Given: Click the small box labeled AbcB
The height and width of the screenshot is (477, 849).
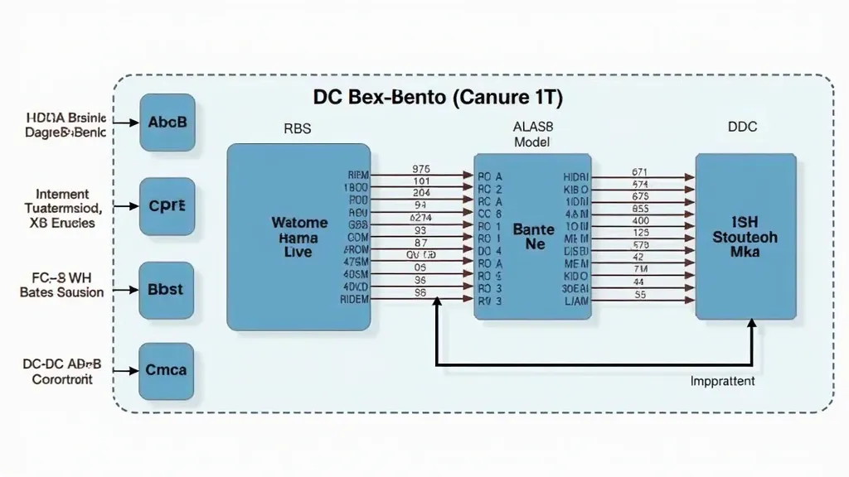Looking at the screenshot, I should (167, 123).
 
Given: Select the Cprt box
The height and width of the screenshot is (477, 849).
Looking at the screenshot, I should (167, 206).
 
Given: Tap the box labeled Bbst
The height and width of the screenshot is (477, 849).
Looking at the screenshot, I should (167, 291).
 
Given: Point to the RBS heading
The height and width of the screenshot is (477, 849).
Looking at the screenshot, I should (298, 128).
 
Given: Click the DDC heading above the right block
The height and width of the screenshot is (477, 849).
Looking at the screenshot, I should (742, 128).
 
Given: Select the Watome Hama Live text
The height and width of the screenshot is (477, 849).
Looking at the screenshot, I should (299, 237).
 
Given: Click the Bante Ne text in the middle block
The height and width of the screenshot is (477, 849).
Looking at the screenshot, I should (533, 237).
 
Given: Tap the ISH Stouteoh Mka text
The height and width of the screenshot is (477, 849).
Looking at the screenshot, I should (745, 237).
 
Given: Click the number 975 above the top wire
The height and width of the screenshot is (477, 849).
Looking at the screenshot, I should (421, 168).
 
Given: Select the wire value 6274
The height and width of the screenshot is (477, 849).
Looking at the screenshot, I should (421, 217).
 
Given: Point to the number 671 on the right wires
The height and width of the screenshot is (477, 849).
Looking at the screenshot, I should (640, 172).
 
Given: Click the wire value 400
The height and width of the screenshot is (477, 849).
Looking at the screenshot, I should (640, 221).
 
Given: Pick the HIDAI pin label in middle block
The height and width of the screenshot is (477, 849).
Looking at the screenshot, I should (575, 177).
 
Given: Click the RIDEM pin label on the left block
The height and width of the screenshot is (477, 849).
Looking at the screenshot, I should (355, 299).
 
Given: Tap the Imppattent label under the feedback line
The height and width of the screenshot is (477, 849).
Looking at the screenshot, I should (722, 381).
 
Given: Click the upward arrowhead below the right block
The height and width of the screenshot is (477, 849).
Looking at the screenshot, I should (752, 325).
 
